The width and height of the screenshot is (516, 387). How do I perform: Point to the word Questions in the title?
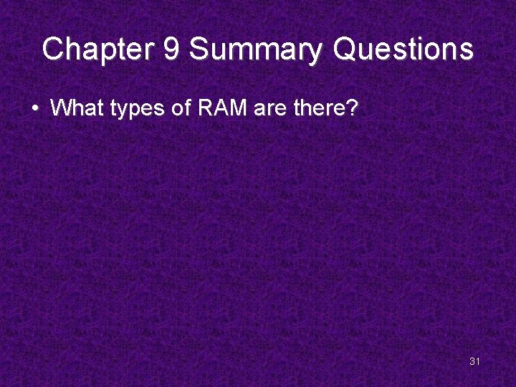point(404,50)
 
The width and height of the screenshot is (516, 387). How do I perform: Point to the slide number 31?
point(474,361)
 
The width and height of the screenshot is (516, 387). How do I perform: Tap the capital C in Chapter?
point(53,50)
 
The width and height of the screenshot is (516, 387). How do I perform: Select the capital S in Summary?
point(199,50)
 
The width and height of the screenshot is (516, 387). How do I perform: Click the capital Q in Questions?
point(347,50)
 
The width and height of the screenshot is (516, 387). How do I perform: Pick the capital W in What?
point(59,108)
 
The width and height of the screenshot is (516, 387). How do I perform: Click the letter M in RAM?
point(233,108)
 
